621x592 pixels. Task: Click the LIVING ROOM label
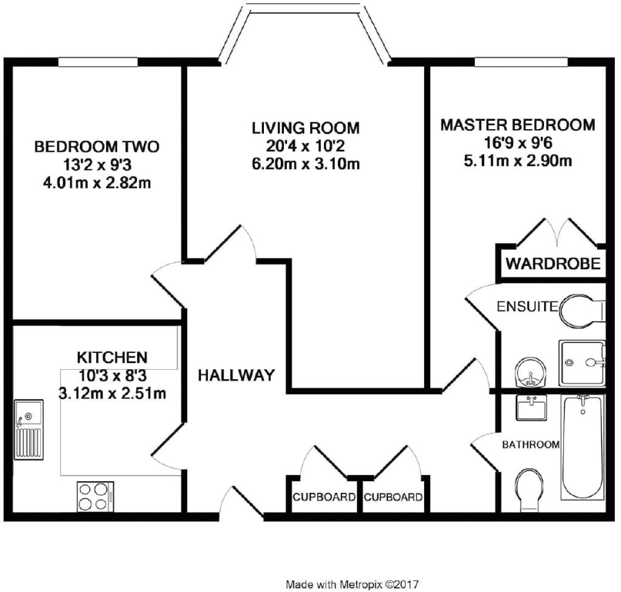(305, 128)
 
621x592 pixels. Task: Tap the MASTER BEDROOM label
(518, 125)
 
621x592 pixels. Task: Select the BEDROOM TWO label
(97, 147)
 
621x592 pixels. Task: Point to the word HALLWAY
(236, 375)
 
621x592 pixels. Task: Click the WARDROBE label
(553, 264)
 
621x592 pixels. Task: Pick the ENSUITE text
(527, 307)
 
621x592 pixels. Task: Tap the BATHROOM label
(531, 445)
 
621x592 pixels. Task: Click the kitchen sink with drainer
(29, 430)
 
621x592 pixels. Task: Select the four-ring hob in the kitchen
(95, 496)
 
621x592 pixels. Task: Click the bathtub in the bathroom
(583, 447)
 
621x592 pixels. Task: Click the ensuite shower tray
(583, 363)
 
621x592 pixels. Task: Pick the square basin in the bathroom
(532, 407)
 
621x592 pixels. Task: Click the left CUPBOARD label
(324, 497)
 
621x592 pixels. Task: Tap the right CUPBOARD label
(393, 497)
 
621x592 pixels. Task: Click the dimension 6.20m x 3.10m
(305, 164)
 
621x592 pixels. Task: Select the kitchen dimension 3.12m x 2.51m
(112, 394)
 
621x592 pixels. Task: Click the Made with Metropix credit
(352, 584)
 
